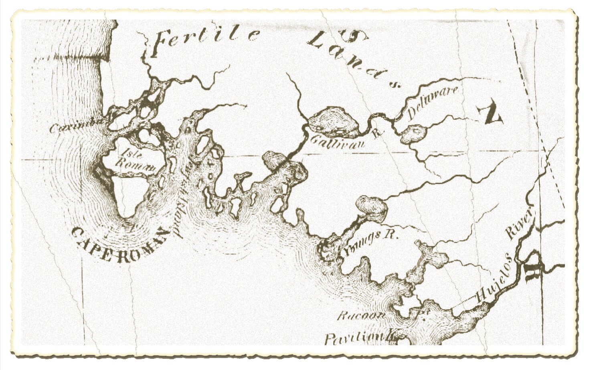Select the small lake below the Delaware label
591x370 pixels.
click(x=413, y=134)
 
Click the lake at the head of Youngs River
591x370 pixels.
click(x=373, y=206)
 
